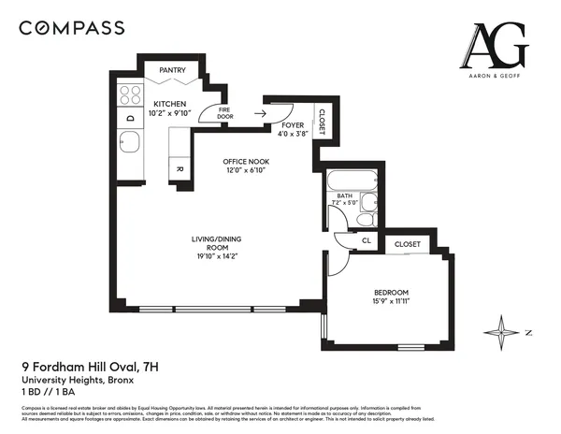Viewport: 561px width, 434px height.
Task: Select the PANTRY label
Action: point(172,70)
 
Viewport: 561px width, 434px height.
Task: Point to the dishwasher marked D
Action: point(129,119)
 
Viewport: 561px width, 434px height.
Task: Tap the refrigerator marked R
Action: point(180,168)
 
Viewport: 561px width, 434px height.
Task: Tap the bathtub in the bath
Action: point(352,181)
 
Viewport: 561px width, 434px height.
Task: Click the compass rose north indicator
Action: point(504,331)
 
